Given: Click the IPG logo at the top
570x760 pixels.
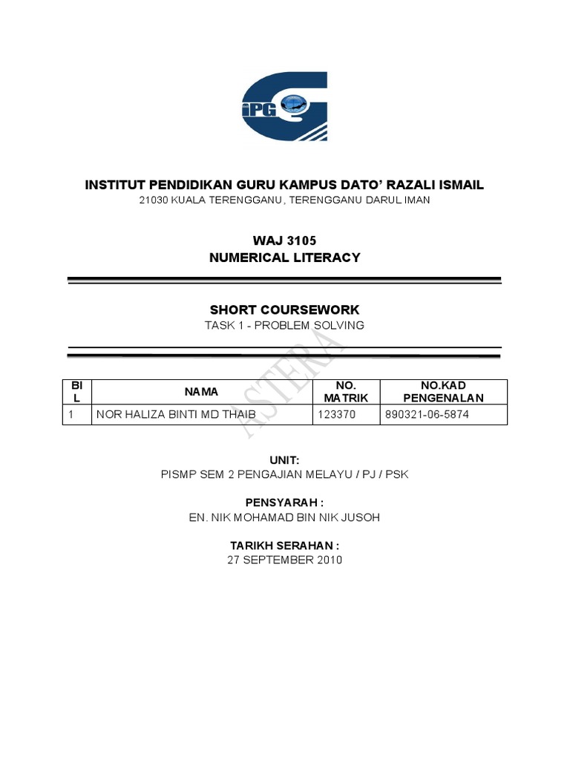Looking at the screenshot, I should [285, 107].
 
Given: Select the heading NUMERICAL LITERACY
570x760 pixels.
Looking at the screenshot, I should [285, 258].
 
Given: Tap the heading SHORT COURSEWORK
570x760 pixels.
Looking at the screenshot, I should [285, 309].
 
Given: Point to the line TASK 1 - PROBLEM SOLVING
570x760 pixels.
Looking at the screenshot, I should [285, 326].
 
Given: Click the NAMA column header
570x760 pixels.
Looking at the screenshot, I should [202, 391].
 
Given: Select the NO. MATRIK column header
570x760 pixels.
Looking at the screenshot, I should [346, 391].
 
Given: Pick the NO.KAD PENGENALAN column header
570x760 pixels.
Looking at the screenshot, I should [444, 391].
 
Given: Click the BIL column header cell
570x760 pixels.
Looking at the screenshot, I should [76, 391].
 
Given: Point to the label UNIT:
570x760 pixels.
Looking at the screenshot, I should [285, 460].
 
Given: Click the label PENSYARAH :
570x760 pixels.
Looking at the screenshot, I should [285, 502].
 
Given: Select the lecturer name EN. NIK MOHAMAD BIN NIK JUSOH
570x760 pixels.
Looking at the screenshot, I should [285, 518].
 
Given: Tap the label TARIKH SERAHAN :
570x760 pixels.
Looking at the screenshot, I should [285, 546].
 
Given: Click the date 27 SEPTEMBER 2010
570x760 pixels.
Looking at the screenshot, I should [285, 560].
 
